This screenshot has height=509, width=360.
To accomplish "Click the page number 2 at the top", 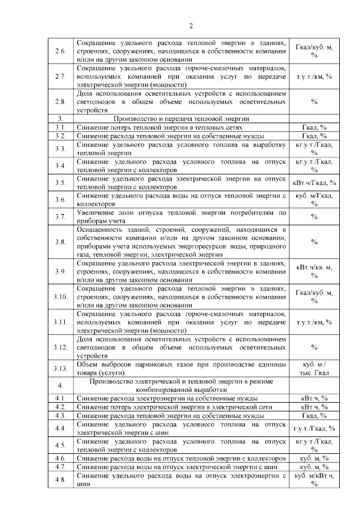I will click(x=191, y=25).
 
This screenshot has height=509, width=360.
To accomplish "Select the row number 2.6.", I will click(x=61, y=51).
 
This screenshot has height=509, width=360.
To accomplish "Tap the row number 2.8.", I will click(x=61, y=102).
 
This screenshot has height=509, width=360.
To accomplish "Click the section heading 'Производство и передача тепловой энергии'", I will click(x=181, y=119).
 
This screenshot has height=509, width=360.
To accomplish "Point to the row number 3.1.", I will click(x=61, y=127).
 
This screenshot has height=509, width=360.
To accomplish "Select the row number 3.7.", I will click(x=61, y=216).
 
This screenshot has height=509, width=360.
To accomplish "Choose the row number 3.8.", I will click(x=61, y=242).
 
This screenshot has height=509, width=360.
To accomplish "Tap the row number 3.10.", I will click(x=61, y=296).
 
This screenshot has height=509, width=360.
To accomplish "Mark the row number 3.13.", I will click(x=61, y=368).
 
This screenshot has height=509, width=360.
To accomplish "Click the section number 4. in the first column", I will click(x=61, y=385).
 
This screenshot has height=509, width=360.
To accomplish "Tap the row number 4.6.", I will click(x=61, y=458).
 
